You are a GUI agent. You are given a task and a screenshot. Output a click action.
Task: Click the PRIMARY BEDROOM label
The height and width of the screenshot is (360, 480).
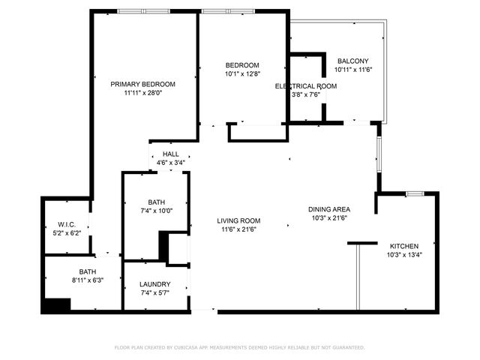click(x=142, y=84)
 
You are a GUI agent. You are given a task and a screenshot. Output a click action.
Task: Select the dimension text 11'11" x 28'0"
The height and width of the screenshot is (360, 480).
click(x=142, y=94)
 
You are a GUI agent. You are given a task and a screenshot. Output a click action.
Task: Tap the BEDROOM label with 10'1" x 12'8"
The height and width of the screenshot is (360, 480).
click(x=242, y=64)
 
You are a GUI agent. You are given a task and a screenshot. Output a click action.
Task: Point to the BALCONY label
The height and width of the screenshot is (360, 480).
click(x=353, y=61)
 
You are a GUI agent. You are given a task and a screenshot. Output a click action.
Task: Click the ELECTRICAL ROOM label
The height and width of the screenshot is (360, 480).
click(x=306, y=86)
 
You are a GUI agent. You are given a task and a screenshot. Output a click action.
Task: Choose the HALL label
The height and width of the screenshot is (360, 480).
click(x=171, y=154)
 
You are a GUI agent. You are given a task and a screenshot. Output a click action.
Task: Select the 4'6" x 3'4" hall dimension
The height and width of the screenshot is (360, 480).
click(x=171, y=163)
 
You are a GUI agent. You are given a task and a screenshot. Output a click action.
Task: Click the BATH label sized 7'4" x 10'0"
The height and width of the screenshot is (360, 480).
click(x=156, y=202)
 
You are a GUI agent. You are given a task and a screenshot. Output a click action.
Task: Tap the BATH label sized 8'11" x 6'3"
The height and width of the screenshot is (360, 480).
click(x=88, y=271)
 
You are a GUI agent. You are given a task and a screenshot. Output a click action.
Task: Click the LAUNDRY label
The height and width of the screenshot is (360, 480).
click(x=155, y=284)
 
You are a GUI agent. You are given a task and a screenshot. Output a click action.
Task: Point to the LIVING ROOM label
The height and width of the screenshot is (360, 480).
click(x=238, y=220)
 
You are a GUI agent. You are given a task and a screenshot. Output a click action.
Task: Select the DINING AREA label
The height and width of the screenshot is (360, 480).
click(x=330, y=209)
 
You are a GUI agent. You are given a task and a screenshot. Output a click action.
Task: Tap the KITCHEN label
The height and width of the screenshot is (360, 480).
click(x=403, y=246)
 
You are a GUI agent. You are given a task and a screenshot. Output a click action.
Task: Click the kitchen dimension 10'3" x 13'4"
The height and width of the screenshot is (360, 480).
click(x=403, y=255)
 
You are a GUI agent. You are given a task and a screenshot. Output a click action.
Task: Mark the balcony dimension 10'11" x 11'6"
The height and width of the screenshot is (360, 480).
click(x=353, y=70)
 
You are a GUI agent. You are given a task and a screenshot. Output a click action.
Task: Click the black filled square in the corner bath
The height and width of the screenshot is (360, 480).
click(x=56, y=304)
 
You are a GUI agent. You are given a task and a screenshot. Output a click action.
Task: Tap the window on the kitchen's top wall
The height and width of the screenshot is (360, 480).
click(x=415, y=194)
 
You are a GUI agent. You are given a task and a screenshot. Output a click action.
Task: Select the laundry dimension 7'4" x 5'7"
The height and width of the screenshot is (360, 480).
click(x=155, y=293)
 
